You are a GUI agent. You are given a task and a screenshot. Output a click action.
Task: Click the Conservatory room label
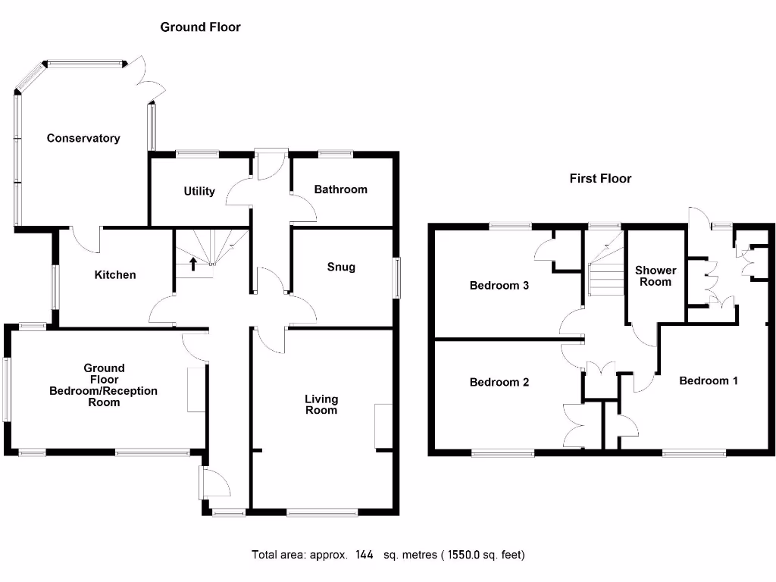(x=83, y=138)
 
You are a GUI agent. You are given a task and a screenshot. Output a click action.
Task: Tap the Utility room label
(x=199, y=191)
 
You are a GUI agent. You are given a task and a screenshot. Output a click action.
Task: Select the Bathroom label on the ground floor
(x=340, y=189)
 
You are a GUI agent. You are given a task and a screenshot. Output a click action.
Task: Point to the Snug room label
(x=341, y=267)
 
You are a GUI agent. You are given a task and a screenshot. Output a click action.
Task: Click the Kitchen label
(x=115, y=274)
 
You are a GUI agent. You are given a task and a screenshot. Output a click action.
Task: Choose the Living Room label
(x=321, y=405)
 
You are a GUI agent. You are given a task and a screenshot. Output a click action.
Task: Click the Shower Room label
(x=656, y=276)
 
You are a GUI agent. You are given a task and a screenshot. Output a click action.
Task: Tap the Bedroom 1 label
(x=708, y=380)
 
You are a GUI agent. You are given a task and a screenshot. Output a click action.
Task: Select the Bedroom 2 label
(x=499, y=382)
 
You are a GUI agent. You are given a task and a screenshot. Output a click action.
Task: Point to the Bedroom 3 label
(x=499, y=286)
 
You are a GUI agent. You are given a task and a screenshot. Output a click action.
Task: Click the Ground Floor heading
(x=200, y=27)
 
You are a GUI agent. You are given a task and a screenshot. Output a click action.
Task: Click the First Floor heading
(x=600, y=179)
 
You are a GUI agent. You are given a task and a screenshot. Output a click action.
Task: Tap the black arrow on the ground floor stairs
(x=193, y=264)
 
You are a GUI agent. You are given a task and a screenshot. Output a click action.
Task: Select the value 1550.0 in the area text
(x=456, y=555)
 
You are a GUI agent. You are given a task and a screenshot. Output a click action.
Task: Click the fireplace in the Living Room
(x=383, y=427)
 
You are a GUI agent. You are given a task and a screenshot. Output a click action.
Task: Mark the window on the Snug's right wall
(x=396, y=277)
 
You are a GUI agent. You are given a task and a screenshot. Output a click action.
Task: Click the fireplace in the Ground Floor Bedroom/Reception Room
(x=196, y=389)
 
